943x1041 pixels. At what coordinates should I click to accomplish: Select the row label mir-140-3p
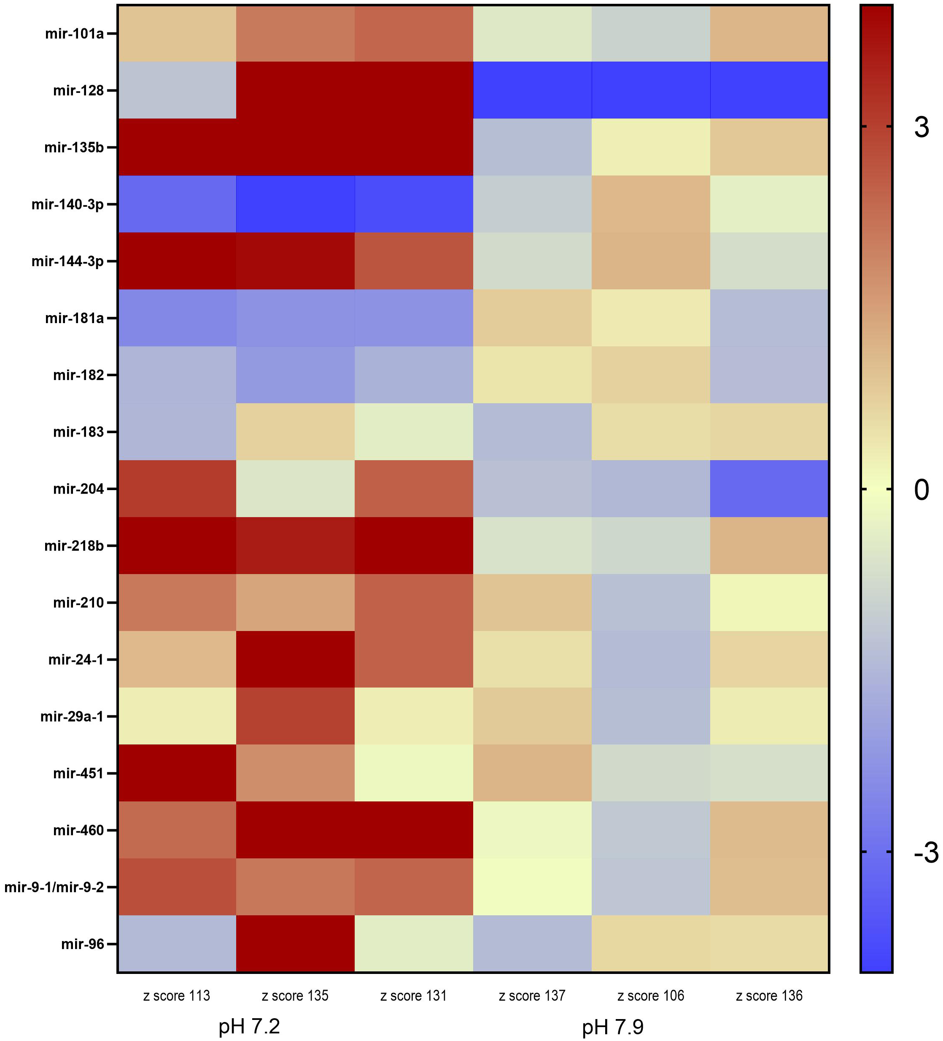point(67,205)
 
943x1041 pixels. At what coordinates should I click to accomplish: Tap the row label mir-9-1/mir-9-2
point(54,887)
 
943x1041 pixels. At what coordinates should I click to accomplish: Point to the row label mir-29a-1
point(72,717)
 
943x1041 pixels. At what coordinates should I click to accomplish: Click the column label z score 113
point(177,996)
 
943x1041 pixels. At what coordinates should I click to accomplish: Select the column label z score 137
point(532,996)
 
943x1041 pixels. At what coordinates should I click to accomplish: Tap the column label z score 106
point(651,996)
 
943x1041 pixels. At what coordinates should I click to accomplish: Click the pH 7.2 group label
point(249,1027)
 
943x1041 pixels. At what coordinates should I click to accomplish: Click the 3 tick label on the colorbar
point(921,127)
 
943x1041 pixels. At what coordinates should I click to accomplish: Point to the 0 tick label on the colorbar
point(921,490)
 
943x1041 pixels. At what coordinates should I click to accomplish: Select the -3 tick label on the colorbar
point(925,852)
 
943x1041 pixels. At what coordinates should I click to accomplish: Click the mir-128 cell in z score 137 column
point(532,90)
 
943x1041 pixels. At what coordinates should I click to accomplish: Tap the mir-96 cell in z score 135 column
point(295,944)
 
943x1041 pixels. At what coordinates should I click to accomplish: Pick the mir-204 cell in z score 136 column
point(769,488)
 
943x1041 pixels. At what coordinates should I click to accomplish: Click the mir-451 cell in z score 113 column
point(177,773)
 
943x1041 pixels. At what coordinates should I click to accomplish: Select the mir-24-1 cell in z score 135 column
point(295,659)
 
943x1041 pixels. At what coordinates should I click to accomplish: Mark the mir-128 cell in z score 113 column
point(177,90)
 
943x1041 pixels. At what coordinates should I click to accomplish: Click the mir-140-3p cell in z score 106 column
point(651,204)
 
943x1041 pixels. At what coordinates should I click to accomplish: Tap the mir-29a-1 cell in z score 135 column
point(295,716)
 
